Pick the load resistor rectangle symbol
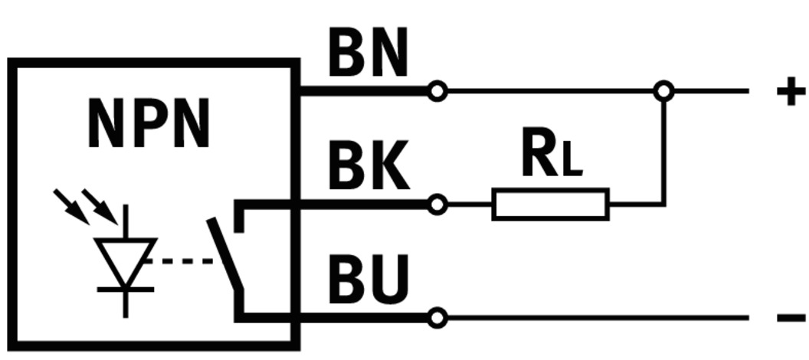tap(550, 205)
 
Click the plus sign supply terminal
tap(791, 92)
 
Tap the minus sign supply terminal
tap(791, 317)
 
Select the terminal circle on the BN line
tap(437, 92)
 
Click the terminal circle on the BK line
tap(437, 205)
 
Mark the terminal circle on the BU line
tap(437, 317)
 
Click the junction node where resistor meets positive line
tap(663, 92)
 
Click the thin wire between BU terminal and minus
tap(598, 317)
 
